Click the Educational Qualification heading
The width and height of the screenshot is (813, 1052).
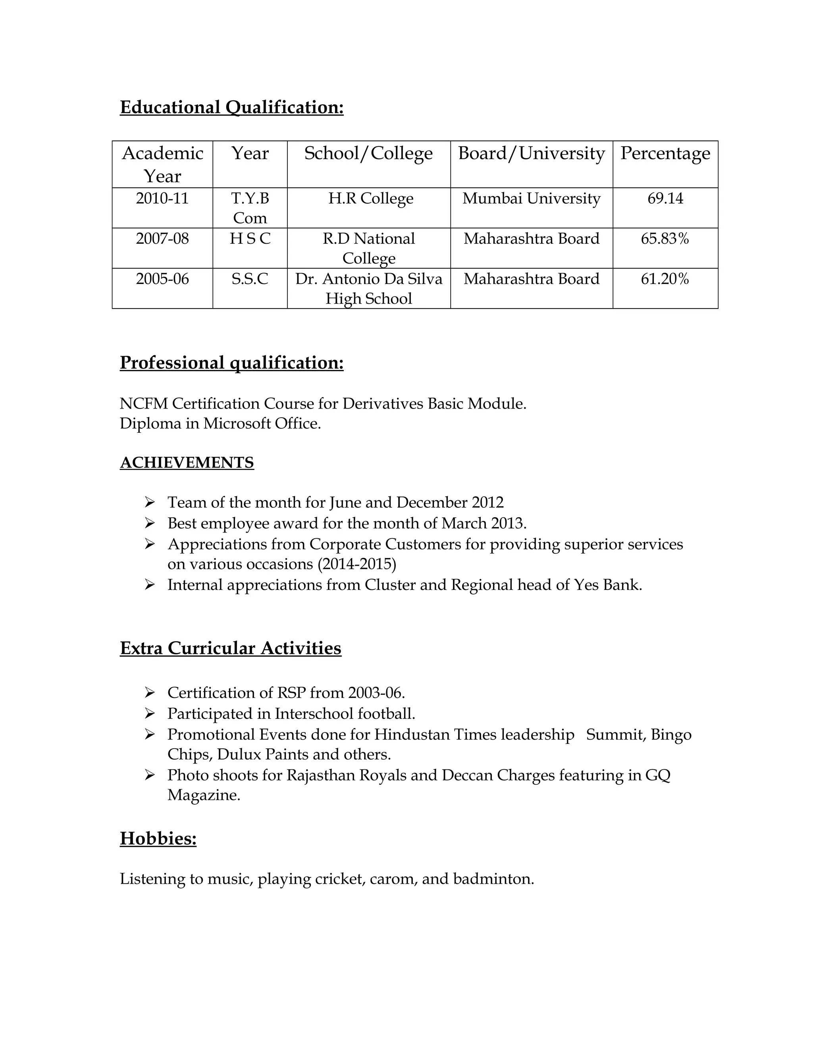[232, 107]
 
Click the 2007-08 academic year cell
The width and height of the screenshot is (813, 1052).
[162, 239]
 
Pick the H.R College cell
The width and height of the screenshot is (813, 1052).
[370, 198]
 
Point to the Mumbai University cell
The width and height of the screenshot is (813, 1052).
[531, 198]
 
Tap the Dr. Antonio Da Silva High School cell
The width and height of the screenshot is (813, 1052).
[368, 288]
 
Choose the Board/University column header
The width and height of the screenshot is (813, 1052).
[531, 154]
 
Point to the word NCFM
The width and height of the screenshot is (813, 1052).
[144, 404]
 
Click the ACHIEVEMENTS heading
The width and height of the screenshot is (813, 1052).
[187, 462]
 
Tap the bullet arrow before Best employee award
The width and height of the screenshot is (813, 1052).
[149, 523]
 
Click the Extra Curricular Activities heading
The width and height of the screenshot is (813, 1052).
[230, 648]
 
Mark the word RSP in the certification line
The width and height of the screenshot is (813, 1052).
[291, 693]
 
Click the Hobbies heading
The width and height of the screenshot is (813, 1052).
[158, 838]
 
